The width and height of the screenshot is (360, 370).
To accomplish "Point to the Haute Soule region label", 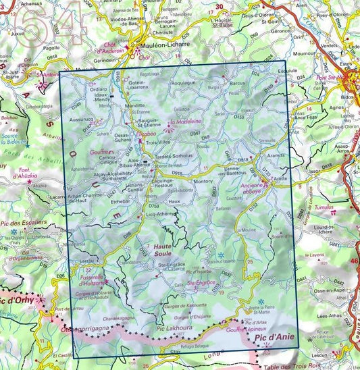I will (x=164, y=249).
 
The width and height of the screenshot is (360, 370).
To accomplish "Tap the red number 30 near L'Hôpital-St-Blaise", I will (x=218, y=7).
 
